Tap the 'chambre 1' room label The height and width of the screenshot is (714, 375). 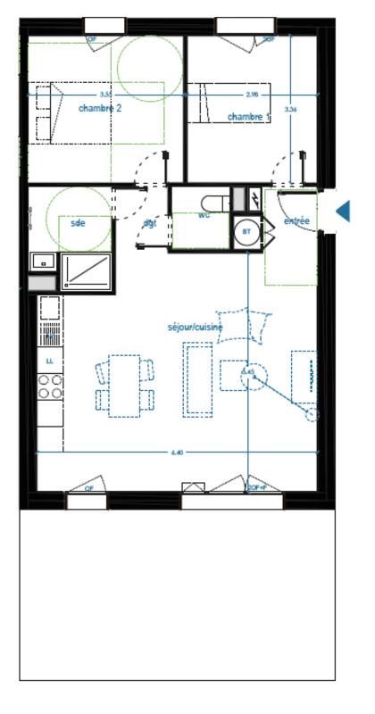246,117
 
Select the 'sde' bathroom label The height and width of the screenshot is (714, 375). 78,223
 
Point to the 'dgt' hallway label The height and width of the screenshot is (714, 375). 150,223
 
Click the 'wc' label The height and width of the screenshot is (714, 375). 204,214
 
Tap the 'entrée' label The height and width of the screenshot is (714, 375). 296,220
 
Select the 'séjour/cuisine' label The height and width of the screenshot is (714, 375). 195,328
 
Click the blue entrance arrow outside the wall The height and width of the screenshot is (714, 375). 343,211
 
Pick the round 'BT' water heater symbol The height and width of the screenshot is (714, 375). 245,231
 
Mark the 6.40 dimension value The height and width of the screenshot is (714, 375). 177,453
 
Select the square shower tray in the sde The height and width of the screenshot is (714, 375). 86,270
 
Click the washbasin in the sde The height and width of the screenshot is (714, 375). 42,261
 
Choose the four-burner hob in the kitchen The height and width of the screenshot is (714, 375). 50,386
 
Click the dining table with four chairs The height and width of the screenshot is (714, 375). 125,385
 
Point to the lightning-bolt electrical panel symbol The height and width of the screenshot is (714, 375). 254,198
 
